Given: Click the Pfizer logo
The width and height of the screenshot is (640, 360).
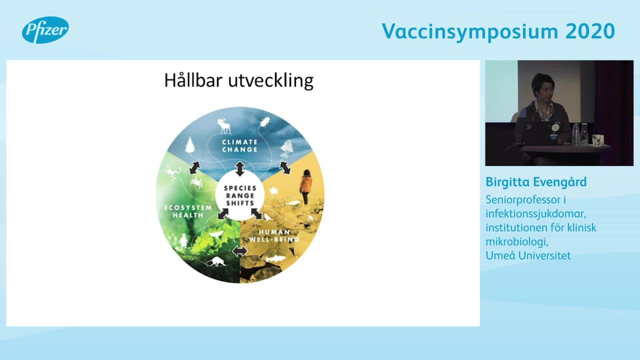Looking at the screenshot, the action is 45,29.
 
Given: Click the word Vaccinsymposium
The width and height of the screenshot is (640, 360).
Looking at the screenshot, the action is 470,32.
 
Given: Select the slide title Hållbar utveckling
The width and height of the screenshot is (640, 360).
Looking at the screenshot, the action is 239,80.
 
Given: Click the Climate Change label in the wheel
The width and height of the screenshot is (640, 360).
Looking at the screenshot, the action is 239,145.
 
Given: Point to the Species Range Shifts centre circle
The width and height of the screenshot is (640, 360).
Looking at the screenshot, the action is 239,195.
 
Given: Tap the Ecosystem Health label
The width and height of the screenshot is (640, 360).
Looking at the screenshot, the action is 188,211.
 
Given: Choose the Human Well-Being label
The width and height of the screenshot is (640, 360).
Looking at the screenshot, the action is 274,235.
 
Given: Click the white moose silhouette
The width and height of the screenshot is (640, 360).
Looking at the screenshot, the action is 224,126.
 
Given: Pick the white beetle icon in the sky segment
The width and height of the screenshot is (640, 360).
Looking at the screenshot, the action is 265,122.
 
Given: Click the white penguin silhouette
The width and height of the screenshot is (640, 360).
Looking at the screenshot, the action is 183,240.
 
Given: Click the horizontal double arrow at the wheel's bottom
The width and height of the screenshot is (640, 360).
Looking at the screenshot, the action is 239,251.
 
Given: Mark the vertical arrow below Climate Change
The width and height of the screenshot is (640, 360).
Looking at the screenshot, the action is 239,168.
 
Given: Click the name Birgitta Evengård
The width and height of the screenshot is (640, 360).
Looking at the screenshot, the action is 536,182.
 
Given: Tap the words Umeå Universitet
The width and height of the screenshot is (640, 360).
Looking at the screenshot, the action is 528,255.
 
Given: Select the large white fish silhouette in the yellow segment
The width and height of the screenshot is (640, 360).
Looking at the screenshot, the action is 276,259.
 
